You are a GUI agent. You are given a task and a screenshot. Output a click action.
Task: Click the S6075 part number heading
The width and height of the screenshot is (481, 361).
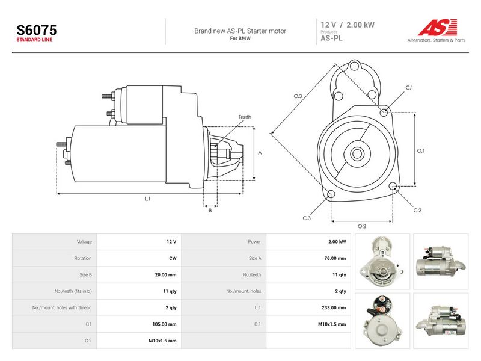click(x=37, y=30)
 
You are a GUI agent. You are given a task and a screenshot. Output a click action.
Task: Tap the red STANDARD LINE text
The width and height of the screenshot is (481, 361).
click(x=34, y=40)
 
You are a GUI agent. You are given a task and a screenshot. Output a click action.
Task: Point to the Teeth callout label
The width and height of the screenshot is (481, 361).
click(x=245, y=117)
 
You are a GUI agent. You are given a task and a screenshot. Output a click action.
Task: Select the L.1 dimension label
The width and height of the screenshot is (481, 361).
click(x=147, y=199)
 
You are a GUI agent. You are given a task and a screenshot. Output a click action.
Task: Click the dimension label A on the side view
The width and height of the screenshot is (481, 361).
click(x=260, y=153)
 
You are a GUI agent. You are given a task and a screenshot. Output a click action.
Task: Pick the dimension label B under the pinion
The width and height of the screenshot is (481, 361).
click(x=210, y=211)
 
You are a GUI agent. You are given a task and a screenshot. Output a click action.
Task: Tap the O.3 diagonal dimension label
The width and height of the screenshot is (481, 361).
click(x=298, y=96)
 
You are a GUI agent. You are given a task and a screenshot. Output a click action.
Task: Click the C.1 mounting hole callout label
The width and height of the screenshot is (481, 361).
click(x=409, y=88)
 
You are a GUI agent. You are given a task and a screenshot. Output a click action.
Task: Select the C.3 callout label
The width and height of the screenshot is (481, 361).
click(x=307, y=218)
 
